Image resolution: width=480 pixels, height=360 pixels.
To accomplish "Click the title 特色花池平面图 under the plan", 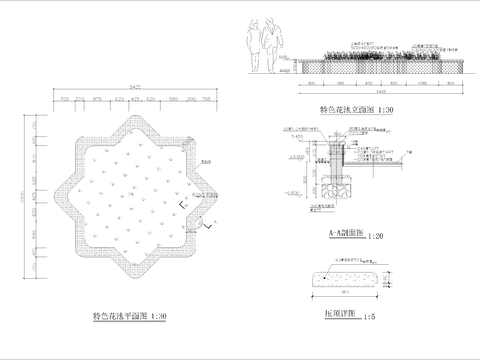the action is coord(112,316).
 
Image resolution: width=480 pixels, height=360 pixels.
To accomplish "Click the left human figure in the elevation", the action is coord(255,46).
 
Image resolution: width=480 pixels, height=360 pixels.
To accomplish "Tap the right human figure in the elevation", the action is coord(273,46).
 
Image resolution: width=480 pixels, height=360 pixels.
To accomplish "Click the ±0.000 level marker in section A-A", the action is coord(299,157).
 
